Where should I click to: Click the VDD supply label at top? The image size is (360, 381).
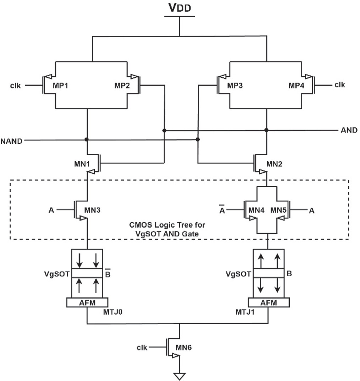pos(179,8)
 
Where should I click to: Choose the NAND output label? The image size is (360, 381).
pos(12,141)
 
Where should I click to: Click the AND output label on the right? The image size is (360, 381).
pos(349,130)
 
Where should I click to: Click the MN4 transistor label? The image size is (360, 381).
pos(256,210)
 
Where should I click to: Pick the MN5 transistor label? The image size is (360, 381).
pos(279,210)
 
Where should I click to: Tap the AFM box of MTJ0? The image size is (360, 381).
pos(87,303)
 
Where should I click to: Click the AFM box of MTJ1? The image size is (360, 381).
pos(268,303)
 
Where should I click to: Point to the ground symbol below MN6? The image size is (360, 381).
pos(179,376)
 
